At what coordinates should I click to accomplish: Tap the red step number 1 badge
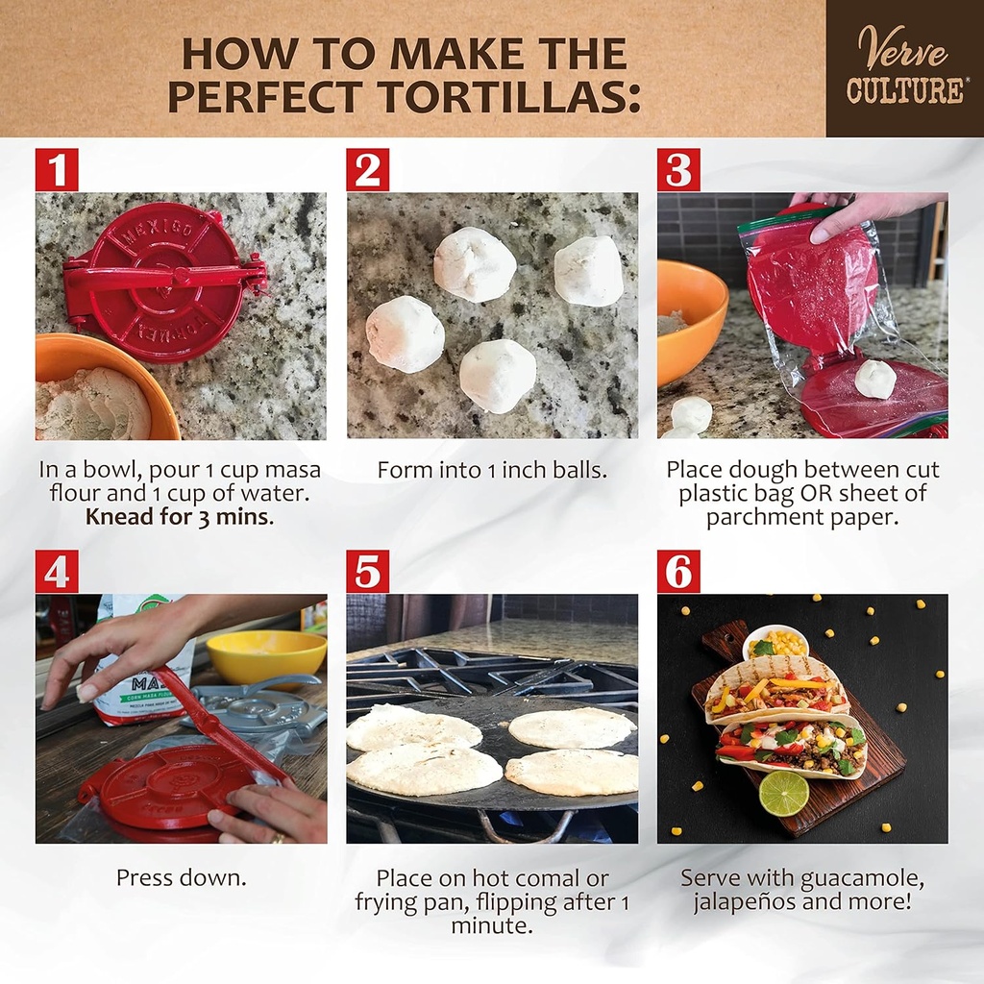click(57, 169)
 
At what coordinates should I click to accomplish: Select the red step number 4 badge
click(57, 571)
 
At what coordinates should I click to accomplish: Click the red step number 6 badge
click(678, 571)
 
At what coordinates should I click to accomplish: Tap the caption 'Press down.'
click(181, 877)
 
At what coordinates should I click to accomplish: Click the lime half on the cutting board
click(783, 793)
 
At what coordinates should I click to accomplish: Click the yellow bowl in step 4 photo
click(266, 655)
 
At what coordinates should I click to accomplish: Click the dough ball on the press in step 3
click(874, 379)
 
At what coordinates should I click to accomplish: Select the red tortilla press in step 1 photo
click(163, 280)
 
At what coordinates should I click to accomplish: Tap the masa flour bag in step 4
click(135, 663)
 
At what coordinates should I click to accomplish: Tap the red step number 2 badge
click(367, 169)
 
